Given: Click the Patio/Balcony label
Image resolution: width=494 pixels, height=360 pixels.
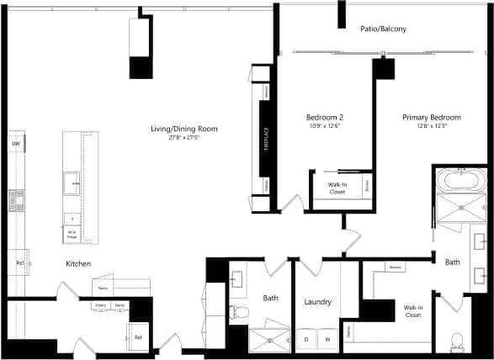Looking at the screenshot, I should coord(383,29).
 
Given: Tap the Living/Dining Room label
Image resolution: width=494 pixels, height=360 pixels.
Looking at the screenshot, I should coord(183,129).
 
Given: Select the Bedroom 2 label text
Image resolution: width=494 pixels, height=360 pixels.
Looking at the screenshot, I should coord(324,117).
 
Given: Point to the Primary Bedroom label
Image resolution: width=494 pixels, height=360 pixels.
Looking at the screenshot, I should coord(431,118).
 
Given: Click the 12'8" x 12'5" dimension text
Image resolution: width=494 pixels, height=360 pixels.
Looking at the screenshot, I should coord(431,127).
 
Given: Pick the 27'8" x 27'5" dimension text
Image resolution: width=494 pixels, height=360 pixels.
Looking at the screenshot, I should coord(183,137).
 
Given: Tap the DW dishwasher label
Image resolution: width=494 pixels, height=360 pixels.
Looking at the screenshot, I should coord(16,145).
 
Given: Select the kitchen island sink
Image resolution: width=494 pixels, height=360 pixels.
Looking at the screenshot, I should coord(72,181).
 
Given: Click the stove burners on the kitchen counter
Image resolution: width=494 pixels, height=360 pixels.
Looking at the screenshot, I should coord(16,200).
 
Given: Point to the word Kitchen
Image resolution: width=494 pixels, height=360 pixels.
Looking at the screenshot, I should coord(78,264).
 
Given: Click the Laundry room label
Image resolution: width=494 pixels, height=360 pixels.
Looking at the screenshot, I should coord(317,302).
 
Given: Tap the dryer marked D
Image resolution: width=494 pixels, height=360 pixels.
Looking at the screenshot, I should coord(306,339).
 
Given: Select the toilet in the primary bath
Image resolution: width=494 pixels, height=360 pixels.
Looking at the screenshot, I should coord(458,341).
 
